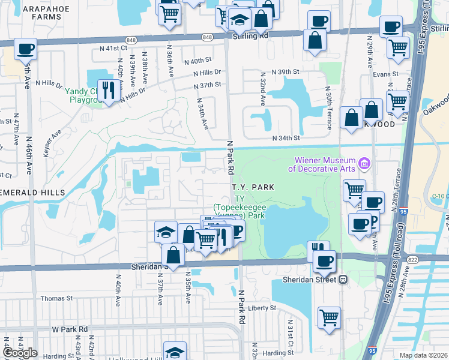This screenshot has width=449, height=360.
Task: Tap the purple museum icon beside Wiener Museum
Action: point(363,163)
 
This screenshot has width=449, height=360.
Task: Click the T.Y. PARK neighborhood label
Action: point(253,187)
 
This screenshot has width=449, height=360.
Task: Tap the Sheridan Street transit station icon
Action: point(344,280)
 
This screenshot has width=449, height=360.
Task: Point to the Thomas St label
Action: point(56,298)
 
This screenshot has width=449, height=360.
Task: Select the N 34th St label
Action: point(286,138)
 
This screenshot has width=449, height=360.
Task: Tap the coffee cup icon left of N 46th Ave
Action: point(26,49)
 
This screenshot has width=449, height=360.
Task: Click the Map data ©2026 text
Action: point(423,355)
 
